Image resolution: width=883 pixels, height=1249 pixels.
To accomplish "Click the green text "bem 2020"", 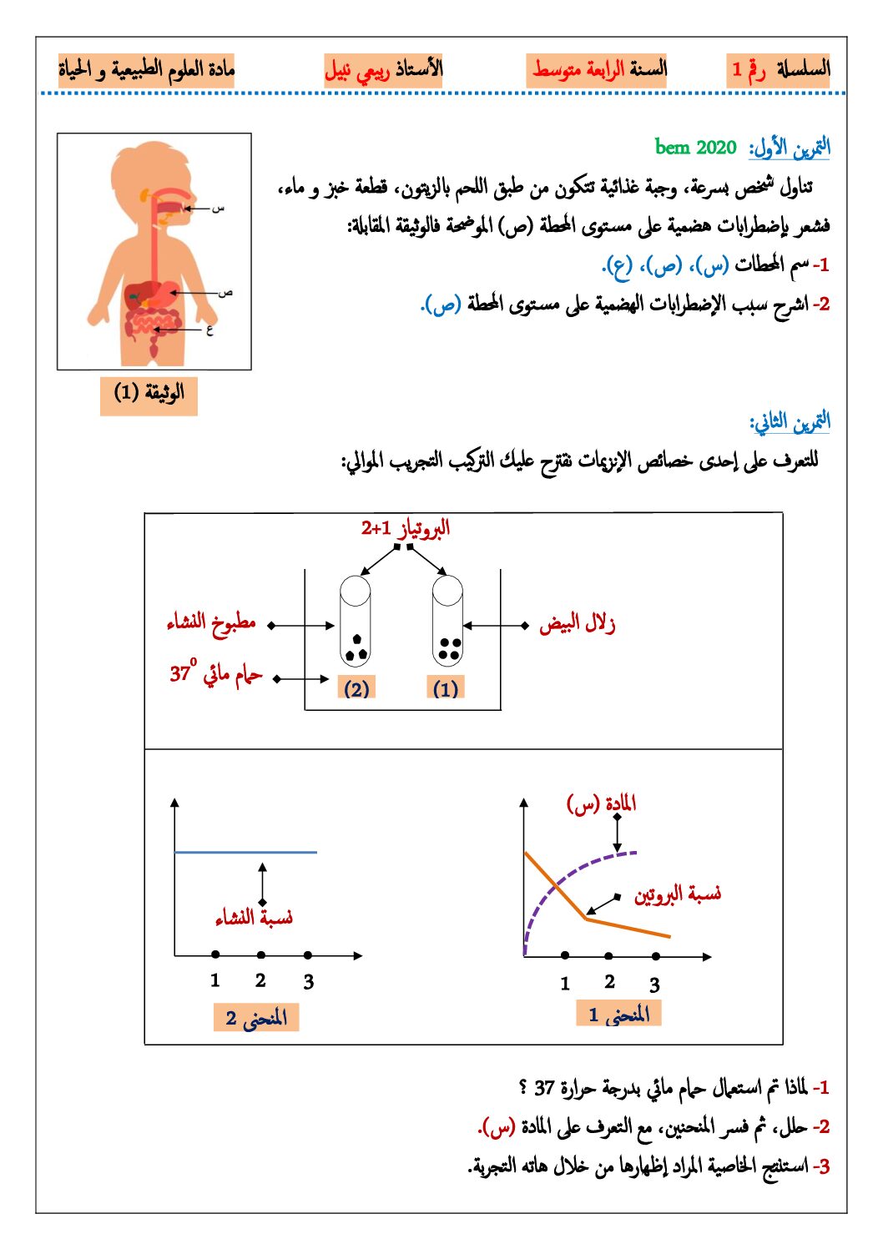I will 695,148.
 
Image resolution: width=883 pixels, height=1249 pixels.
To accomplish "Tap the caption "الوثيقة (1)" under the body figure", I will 149,393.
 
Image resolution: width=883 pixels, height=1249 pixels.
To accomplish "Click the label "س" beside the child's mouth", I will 219,207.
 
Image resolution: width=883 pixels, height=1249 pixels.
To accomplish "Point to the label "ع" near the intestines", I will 209,330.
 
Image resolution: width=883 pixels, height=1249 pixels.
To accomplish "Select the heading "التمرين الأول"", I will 790,148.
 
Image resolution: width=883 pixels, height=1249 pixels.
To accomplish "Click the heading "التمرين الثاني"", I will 790,422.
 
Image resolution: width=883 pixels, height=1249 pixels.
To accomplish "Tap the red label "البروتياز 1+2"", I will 406,528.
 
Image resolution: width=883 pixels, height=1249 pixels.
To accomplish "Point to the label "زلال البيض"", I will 578,623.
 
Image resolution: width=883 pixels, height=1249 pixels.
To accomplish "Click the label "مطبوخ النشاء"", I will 211,623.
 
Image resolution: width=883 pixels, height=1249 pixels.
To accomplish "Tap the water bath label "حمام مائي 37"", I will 216,673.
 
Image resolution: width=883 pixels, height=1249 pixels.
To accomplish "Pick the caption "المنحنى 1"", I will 618,1015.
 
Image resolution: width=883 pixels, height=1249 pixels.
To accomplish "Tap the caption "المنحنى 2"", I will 256,1018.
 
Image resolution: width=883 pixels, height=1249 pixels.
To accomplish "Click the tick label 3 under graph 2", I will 309,982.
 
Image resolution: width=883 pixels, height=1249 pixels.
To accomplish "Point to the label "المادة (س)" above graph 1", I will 602,803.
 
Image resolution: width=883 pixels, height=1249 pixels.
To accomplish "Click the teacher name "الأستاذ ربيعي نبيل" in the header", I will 383,69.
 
